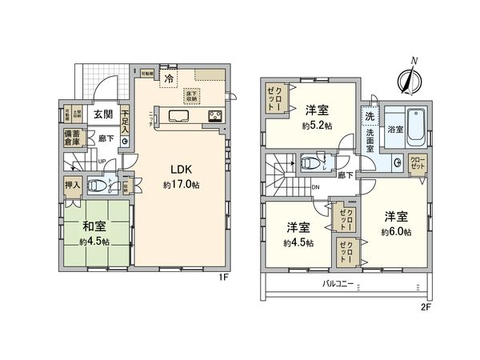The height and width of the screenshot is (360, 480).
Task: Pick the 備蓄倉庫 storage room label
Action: click(x=73, y=136)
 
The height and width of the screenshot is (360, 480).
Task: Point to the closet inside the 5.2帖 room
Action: click(x=274, y=99)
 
